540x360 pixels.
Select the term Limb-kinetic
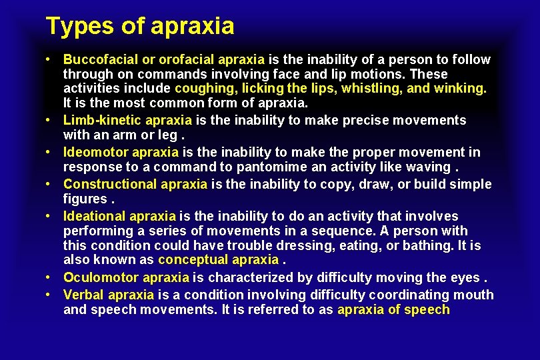tap(102, 120)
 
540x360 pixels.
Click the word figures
tap(85, 199)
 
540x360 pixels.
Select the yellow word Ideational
tap(94, 216)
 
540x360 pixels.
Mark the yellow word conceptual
tap(192, 260)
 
